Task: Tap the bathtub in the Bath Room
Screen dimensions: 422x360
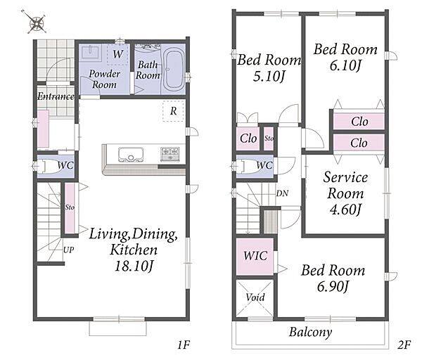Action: point(174,70)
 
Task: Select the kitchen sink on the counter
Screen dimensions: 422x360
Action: point(131,154)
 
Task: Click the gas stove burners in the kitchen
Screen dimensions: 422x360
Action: point(170,154)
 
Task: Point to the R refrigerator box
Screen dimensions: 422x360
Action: point(174,111)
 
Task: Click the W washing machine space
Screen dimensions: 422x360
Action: point(118,54)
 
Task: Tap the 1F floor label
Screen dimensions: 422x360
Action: point(184,345)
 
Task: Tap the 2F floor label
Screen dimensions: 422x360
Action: point(404,345)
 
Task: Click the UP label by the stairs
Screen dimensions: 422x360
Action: point(69,250)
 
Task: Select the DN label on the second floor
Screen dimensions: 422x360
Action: point(282,193)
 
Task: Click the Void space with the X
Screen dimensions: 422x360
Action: point(255,298)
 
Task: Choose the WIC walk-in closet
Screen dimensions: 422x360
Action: point(255,257)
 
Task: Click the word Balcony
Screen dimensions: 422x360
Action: point(310,333)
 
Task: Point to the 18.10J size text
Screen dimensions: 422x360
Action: point(134,266)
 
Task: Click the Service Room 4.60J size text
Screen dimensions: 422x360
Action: point(345,210)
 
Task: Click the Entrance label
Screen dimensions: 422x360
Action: point(56,96)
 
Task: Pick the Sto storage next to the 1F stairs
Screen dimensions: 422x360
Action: point(70,208)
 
